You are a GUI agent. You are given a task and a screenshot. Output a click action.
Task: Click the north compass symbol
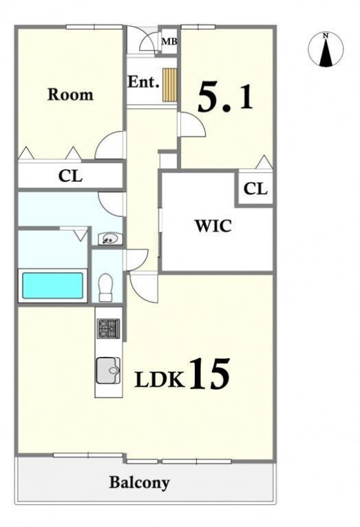click(x=326, y=49)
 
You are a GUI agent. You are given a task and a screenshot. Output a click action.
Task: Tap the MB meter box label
click(x=169, y=41)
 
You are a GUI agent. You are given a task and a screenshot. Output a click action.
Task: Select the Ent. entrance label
click(x=143, y=82)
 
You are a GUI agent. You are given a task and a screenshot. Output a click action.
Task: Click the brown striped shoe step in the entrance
click(x=169, y=85)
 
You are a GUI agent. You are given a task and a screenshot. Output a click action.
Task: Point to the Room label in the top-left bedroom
click(x=70, y=94)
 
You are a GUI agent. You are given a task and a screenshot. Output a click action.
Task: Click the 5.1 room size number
click(x=225, y=97)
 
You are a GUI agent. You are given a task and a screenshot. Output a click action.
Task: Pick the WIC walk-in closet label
click(x=213, y=226)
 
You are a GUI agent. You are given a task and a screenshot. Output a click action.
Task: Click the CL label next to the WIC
click(x=255, y=189)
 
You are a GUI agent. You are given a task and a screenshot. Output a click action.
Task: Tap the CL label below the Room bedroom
click(x=70, y=176)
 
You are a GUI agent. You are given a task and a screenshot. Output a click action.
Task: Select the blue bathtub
click(x=52, y=285)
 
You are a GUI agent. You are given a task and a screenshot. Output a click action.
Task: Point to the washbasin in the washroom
click(x=108, y=239)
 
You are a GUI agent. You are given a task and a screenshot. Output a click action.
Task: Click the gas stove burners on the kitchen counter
click(x=109, y=328)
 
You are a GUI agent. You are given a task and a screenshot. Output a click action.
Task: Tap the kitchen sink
click(x=108, y=371)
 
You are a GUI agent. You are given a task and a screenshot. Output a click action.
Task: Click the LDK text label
click(x=160, y=380)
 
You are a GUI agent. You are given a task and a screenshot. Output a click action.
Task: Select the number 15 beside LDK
click(x=210, y=373)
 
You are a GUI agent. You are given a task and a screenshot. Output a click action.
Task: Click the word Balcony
click(x=139, y=483)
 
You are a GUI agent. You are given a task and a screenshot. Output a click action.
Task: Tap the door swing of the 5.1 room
click(x=192, y=125)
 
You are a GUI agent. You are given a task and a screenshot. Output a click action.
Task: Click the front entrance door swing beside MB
click(x=150, y=42)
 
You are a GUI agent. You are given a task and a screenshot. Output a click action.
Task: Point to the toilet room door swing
click(x=136, y=260)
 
